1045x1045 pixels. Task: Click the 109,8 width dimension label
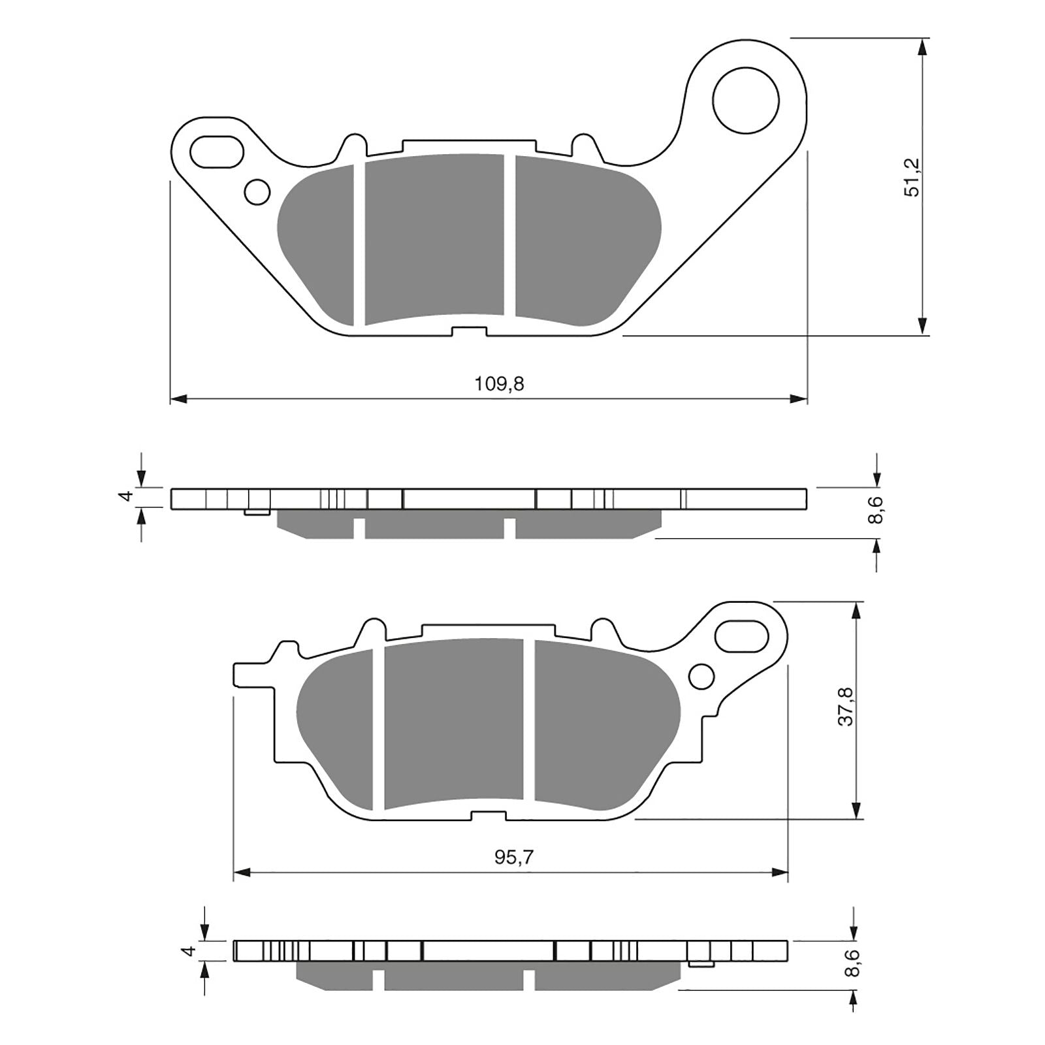[x=499, y=384]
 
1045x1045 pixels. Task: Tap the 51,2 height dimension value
[x=912, y=177]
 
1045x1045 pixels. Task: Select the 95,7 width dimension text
[x=513, y=858]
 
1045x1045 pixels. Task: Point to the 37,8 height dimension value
[x=846, y=706]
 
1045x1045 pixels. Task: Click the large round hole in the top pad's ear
[x=745, y=101]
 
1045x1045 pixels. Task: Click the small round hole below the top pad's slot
[x=257, y=192]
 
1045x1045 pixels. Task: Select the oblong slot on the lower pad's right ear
[x=741, y=635]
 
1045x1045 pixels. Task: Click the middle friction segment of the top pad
[x=434, y=238]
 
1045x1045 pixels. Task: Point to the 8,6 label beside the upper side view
[x=877, y=510]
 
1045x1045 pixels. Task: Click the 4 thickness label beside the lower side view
[x=189, y=950]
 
